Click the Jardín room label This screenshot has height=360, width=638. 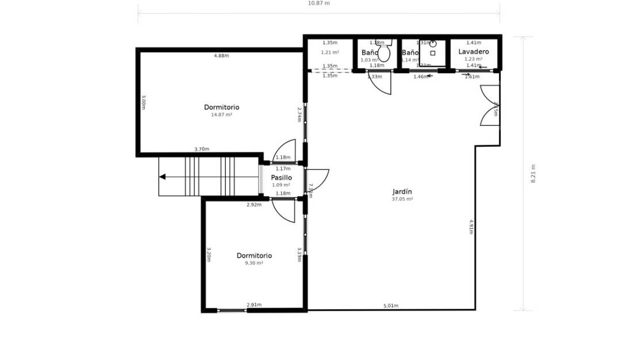[x=402, y=192]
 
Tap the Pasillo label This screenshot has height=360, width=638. [x=282, y=178]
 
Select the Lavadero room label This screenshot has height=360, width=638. [x=474, y=52]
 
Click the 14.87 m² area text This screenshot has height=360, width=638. [x=221, y=115]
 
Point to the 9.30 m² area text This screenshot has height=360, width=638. [x=254, y=263]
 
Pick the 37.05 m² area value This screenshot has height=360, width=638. [x=402, y=199]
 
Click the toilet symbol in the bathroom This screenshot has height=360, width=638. [x=384, y=53]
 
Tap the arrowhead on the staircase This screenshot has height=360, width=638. [x=163, y=177]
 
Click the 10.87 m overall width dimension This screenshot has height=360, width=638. [x=319, y=3]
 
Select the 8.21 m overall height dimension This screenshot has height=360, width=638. [x=533, y=173]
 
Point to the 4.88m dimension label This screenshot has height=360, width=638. [x=221, y=56]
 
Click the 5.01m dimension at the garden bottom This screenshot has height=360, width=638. [x=391, y=306]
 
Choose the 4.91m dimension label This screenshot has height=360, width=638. [x=471, y=227]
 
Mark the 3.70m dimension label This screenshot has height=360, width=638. [x=202, y=150]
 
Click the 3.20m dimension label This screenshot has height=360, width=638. [x=209, y=255]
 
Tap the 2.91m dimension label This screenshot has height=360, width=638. [x=254, y=305]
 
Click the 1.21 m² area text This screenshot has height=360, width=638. [x=330, y=52]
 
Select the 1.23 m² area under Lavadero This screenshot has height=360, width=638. [x=474, y=59]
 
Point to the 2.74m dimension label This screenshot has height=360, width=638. [x=299, y=114]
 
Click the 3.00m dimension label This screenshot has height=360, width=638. [x=144, y=103]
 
